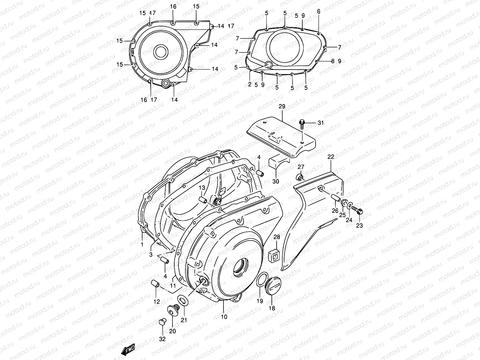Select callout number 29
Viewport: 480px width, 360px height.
282,106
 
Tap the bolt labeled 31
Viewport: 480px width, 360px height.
302,122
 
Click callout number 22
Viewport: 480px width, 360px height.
331,157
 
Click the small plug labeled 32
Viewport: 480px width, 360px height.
162,322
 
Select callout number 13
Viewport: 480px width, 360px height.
202,188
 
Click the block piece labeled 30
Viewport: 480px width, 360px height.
276,163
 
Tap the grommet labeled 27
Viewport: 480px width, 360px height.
299,177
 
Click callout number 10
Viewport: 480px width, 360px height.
224,316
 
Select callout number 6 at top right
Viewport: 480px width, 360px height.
319,11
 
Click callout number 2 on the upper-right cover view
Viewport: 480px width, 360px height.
250,85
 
